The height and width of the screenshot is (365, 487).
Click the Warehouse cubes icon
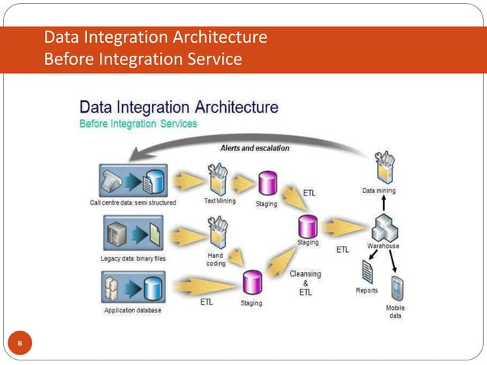pyautogui.click(x=384, y=228)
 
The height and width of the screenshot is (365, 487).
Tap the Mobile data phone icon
pyautogui.click(x=397, y=289)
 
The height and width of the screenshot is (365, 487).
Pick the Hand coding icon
pyautogui.click(x=218, y=231)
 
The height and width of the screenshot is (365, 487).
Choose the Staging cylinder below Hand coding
pyautogui.click(x=252, y=283)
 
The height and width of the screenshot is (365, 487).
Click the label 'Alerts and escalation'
pyautogui.click(x=255, y=148)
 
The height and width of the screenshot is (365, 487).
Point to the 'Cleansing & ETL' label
pyautogui.click(x=305, y=283)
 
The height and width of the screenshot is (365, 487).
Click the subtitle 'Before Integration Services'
pyautogui.click(x=139, y=124)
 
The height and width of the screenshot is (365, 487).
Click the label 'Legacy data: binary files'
pyautogui.click(x=134, y=258)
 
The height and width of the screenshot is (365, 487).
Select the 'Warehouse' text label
pyautogui.click(x=383, y=247)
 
